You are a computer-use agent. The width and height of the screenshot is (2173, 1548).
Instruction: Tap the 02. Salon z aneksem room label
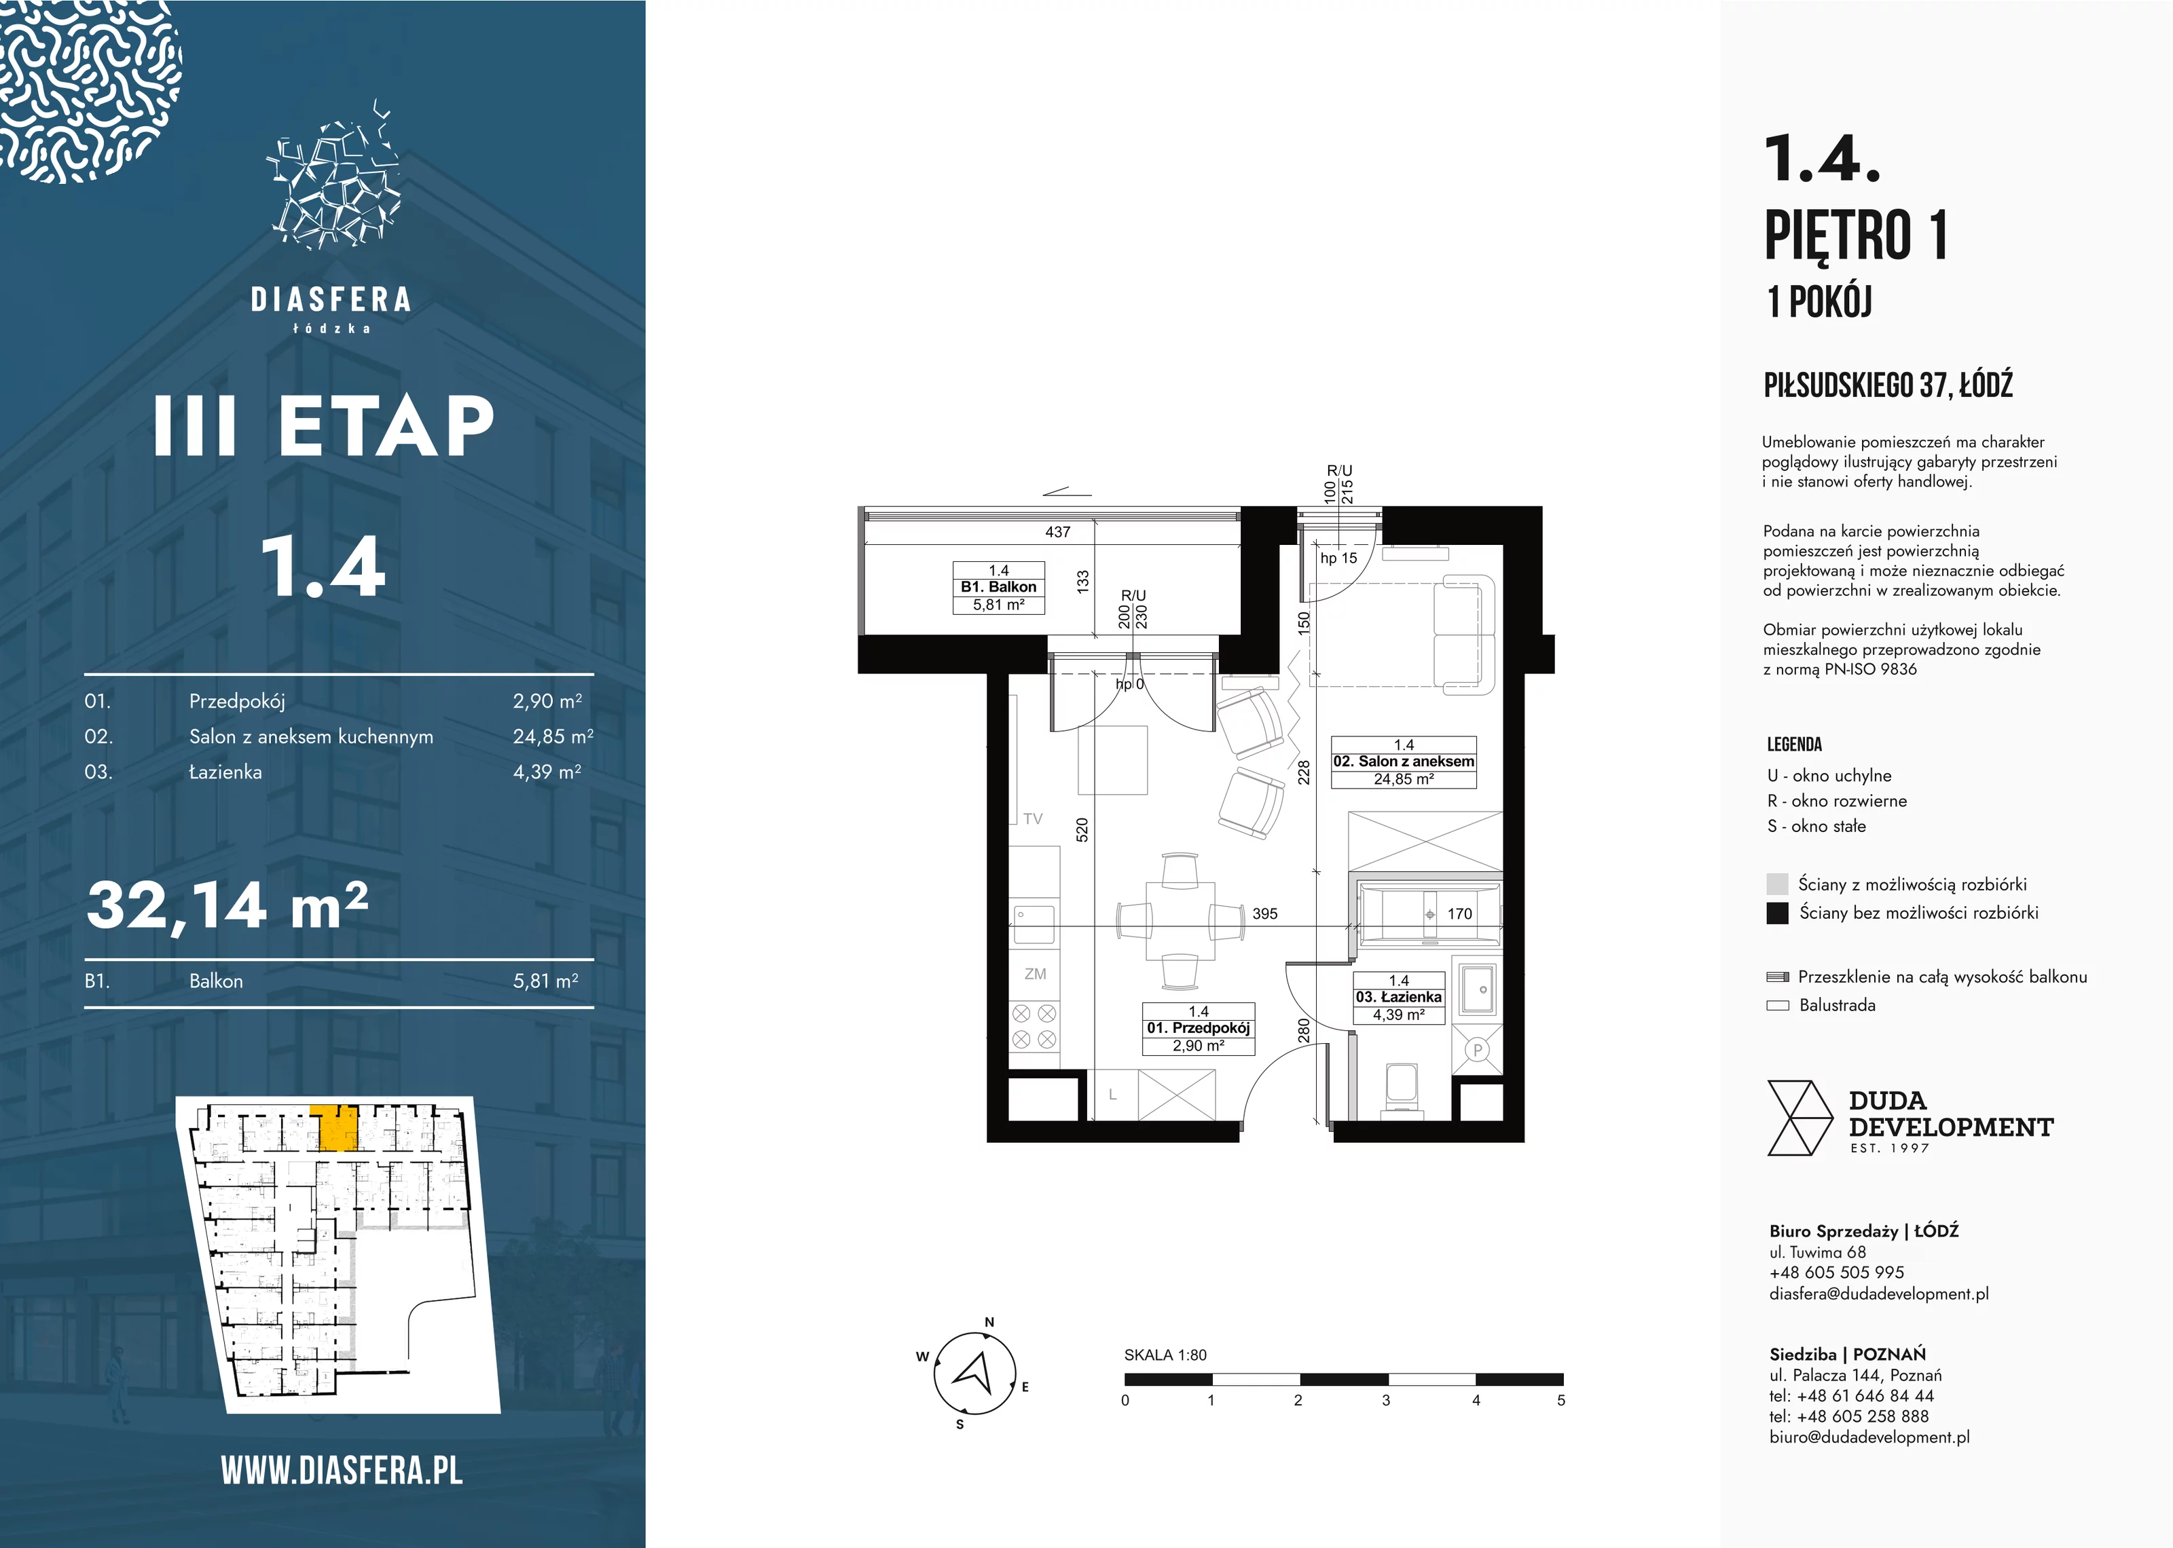click(x=1404, y=761)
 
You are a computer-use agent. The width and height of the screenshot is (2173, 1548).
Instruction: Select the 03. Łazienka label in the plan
click(x=1399, y=997)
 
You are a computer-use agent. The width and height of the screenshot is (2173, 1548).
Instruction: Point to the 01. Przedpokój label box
click(x=1199, y=1029)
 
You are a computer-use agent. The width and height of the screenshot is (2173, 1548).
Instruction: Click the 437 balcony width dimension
click(x=1057, y=532)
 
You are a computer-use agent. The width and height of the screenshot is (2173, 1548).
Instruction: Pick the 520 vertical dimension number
click(x=1082, y=829)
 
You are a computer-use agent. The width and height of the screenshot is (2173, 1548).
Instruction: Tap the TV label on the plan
click(x=1033, y=819)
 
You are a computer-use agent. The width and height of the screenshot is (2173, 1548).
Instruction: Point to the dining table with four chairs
click(x=1180, y=921)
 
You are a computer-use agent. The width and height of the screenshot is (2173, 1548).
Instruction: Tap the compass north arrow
click(x=975, y=1374)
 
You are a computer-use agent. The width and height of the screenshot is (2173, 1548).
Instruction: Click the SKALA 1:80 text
click(x=1165, y=1355)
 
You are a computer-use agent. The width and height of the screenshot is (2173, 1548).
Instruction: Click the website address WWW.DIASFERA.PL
click(x=342, y=1471)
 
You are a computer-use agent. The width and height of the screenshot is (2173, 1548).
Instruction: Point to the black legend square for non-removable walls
click(x=1776, y=913)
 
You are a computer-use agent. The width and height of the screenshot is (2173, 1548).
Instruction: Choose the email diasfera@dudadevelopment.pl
click(x=1878, y=1294)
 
